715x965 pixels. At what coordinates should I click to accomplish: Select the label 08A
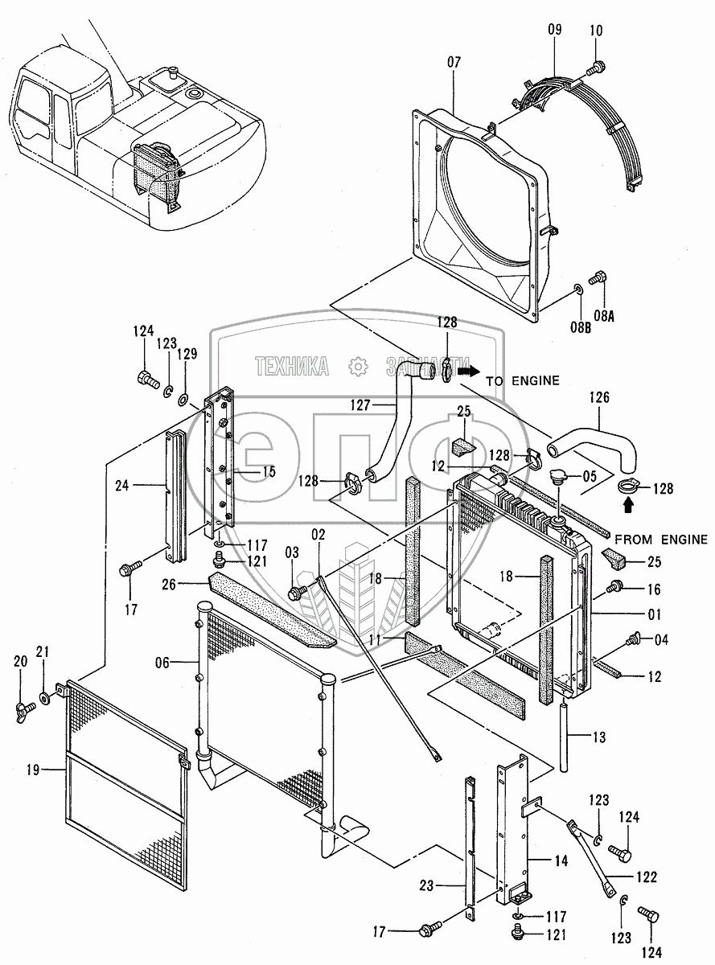[x=603, y=316]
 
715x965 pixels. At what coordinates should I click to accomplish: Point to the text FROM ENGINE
[x=661, y=540]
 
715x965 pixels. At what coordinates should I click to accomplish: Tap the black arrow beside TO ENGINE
[x=467, y=372]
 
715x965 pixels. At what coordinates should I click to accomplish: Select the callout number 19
[x=33, y=770]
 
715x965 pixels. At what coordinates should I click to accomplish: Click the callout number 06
[x=162, y=662]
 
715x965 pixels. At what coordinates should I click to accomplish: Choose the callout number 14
[x=561, y=860]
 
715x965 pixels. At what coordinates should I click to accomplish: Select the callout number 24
[x=122, y=485]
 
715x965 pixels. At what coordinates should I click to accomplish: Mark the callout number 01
[x=654, y=615]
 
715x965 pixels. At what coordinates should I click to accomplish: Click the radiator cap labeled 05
[x=554, y=480]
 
